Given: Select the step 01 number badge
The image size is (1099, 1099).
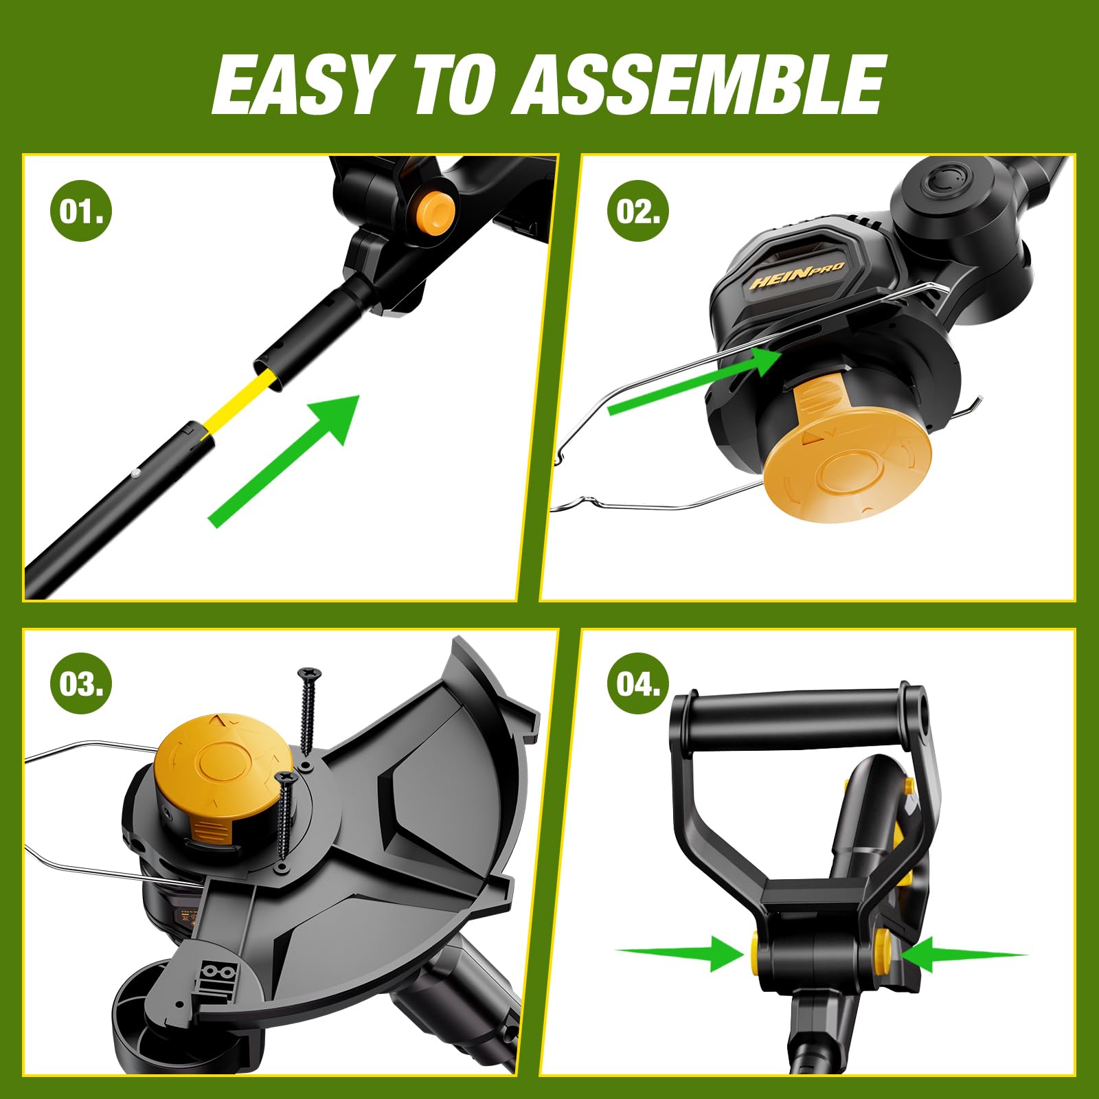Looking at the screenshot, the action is pos(81,210).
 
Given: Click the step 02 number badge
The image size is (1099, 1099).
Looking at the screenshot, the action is pos(638,210).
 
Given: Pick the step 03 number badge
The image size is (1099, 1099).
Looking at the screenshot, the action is pos(81,684).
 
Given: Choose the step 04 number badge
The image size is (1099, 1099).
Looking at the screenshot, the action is pos(638,684).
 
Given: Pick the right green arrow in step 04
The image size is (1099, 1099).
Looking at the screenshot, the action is pos(964,954).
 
